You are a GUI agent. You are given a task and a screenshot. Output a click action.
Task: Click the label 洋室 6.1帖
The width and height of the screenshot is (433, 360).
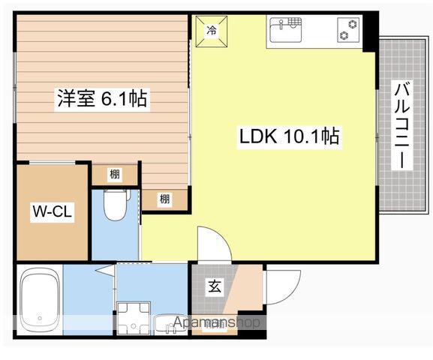[101, 98]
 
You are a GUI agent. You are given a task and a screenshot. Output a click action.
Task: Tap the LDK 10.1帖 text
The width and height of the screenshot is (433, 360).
[289, 137]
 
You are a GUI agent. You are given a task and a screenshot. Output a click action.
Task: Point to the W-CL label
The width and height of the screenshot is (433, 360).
[51, 212]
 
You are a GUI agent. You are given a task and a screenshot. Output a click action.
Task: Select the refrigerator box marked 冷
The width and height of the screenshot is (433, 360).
[211, 31]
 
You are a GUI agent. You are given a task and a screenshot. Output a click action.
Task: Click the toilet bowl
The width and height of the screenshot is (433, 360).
[115, 206]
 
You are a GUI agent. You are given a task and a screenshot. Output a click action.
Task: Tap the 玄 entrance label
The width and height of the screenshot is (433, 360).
[214, 286]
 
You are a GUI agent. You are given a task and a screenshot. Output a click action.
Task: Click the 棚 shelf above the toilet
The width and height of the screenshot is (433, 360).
[114, 175]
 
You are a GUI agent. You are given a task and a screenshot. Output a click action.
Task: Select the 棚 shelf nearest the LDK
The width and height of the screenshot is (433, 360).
[164, 199]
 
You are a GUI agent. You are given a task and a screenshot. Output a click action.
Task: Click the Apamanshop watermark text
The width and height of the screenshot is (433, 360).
[217, 322]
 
